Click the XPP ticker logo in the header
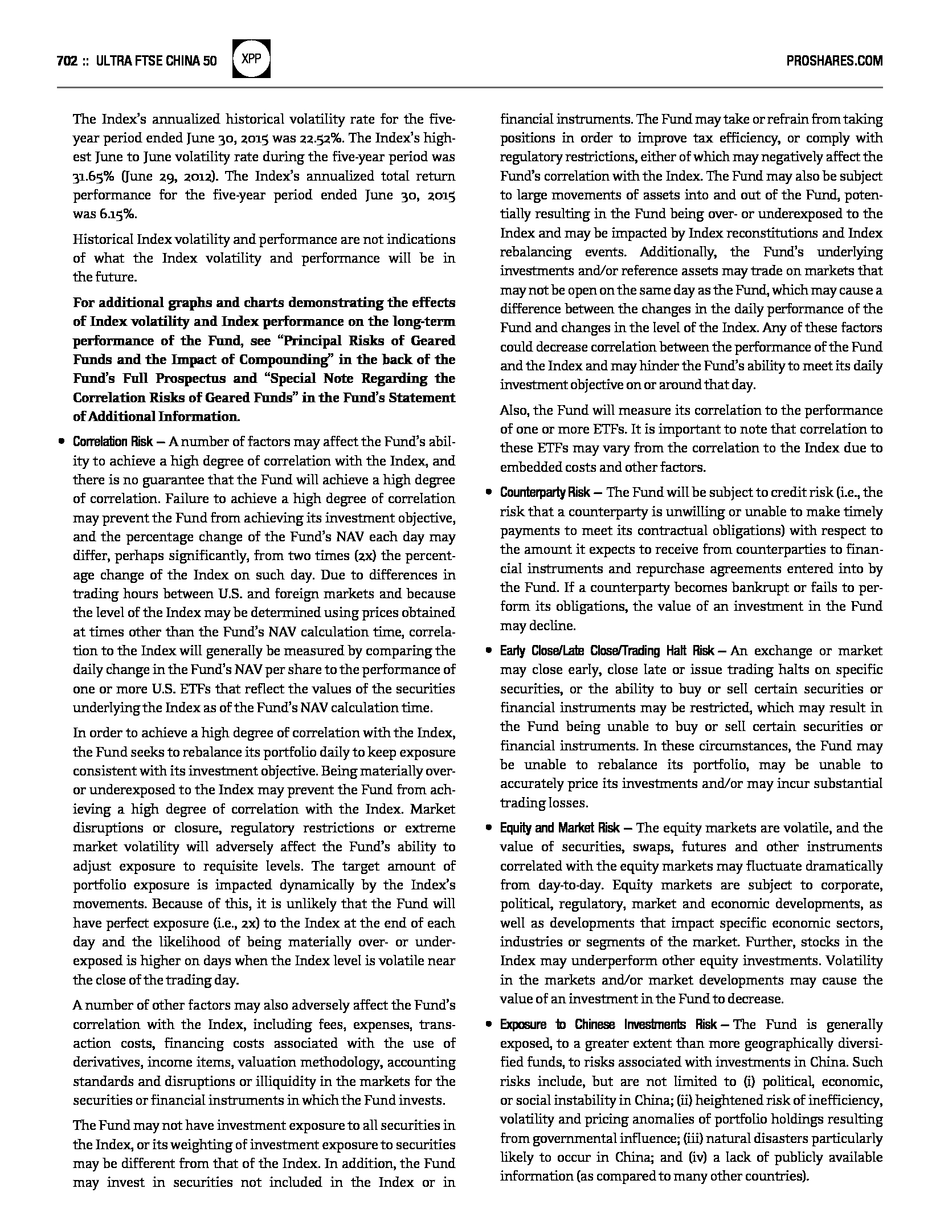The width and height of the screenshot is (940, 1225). pos(252,59)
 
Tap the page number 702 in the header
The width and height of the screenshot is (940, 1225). pos(67,61)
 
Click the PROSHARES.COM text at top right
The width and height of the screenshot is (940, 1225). pos(834,61)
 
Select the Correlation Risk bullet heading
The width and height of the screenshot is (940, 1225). pos(113,442)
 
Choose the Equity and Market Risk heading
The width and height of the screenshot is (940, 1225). pos(559,828)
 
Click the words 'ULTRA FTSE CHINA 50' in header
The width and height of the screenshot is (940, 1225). pos(157,61)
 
